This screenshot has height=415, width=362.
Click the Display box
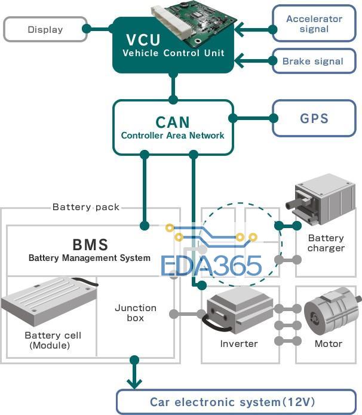tap(45, 29)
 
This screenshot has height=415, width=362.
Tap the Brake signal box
tap(313, 61)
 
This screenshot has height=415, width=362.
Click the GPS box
tap(314, 118)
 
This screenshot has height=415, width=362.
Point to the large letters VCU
tap(143, 41)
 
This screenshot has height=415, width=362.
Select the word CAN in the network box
tap(173, 122)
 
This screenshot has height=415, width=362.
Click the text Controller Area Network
tap(173, 136)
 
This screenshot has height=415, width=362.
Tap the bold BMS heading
tap(90, 244)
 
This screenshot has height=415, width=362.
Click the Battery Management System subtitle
tap(90, 258)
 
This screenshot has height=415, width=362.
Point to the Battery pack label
tap(86, 207)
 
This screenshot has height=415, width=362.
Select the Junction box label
tap(136, 313)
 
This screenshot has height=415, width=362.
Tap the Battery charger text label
tap(326, 243)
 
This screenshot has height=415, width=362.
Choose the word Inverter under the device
tap(239, 343)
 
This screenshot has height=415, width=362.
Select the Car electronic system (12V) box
tap(232, 402)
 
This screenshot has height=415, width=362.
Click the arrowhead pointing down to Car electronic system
tap(134, 382)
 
